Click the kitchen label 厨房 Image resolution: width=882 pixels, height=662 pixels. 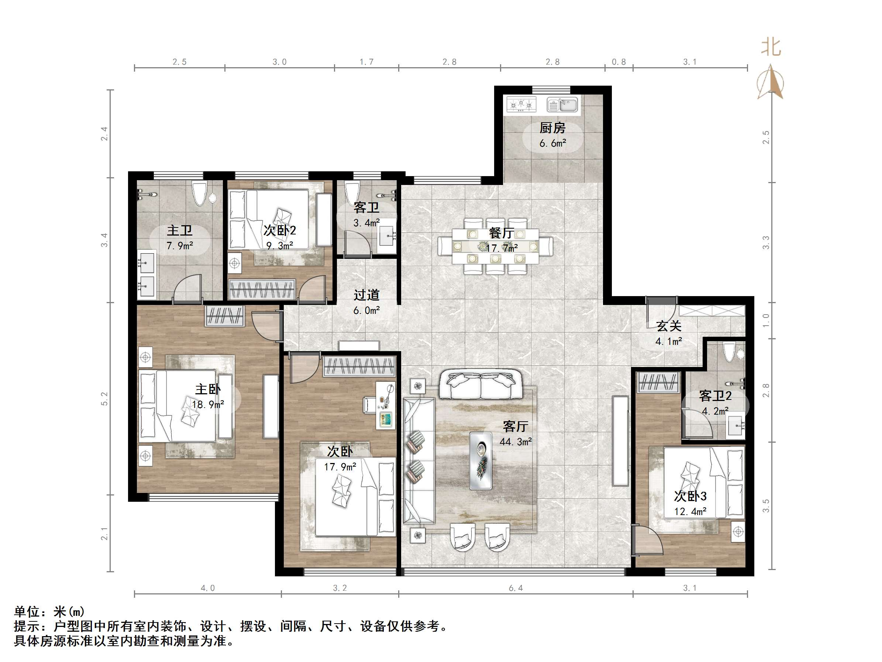(x=553, y=128)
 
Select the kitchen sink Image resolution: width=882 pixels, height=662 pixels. (x=562, y=104)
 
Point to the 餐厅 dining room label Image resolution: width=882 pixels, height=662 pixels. (x=502, y=233)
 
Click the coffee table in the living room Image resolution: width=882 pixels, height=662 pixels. (x=480, y=460)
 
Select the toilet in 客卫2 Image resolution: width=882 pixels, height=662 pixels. (x=729, y=352)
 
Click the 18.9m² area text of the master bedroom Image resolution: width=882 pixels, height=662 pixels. (x=208, y=405)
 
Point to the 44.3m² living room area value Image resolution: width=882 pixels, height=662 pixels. (x=516, y=442)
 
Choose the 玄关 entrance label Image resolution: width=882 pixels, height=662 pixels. (x=669, y=326)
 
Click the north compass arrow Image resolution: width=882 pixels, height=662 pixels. (x=771, y=82)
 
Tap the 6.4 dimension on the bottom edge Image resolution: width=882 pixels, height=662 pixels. (x=516, y=588)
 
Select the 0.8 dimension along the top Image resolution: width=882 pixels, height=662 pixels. (x=619, y=62)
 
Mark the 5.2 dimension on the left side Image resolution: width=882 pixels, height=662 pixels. (x=104, y=399)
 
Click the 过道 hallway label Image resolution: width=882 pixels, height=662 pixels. (x=366, y=295)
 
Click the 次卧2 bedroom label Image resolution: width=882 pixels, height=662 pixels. (x=280, y=230)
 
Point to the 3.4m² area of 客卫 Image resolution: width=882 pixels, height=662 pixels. (x=366, y=223)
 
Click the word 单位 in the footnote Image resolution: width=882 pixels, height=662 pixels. (x=27, y=612)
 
